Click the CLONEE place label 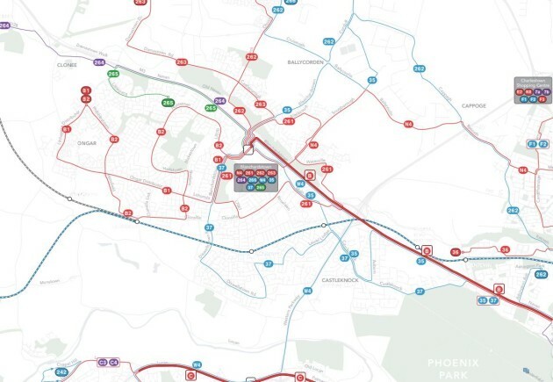[x=68, y=64]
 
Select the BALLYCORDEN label [x=306, y=64]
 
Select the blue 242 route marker [x=61, y=372]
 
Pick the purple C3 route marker [x=103, y=362]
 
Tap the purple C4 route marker [x=114, y=362]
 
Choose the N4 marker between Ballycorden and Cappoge [x=408, y=126]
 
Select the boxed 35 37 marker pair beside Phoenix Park [x=488, y=300]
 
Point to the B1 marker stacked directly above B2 [x=86, y=90]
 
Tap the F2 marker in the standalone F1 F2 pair [x=543, y=143]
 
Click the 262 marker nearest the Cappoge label [x=419, y=68]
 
